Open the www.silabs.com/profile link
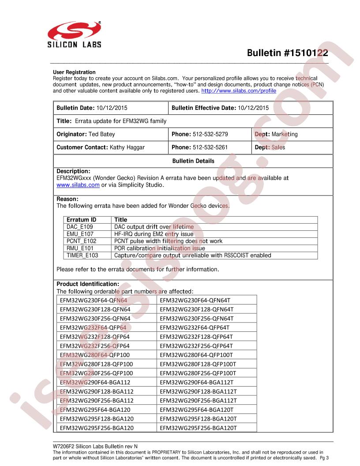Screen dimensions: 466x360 tap(239, 91)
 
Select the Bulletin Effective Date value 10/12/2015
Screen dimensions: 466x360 tap(253, 108)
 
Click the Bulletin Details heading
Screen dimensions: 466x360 tap(193, 161)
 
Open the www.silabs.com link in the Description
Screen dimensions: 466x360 tap(78, 185)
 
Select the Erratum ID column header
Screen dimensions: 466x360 tap(81, 219)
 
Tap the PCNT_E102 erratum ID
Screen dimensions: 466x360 tap(81, 241)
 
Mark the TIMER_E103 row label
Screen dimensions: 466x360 tap(82, 255)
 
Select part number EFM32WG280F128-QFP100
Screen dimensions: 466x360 tap(96, 364)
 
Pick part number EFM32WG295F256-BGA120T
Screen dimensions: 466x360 tap(198, 428)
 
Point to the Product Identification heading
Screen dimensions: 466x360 tap(88, 284)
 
